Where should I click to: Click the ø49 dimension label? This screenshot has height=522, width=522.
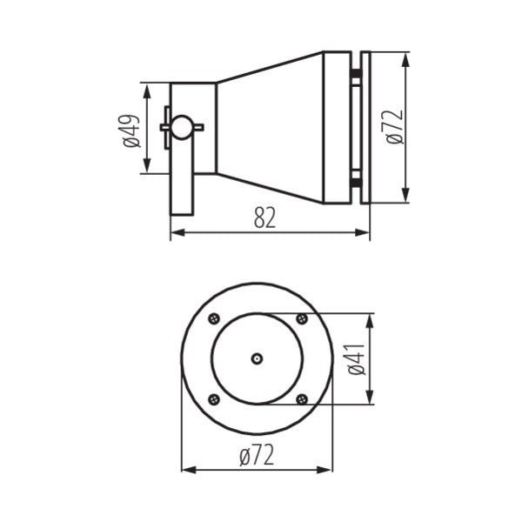click(131, 129)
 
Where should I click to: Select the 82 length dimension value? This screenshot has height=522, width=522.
click(264, 218)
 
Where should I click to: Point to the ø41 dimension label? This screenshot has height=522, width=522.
click(355, 358)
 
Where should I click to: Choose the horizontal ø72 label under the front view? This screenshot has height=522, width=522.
click(257, 454)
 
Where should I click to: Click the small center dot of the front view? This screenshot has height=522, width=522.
click(257, 358)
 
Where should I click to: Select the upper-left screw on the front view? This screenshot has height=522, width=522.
click(212, 318)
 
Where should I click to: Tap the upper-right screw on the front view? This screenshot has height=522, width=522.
click(301, 318)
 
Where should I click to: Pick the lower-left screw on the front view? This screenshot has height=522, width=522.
click(212, 399)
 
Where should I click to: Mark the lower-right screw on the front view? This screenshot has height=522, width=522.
click(301, 399)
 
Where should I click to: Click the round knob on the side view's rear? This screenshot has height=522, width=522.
click(181, 128)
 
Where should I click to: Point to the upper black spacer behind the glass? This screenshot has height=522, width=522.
click(356, 77)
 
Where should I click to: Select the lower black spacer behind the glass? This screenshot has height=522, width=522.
click(356, 180)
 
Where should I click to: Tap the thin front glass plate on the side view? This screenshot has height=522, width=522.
click(365, 128)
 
